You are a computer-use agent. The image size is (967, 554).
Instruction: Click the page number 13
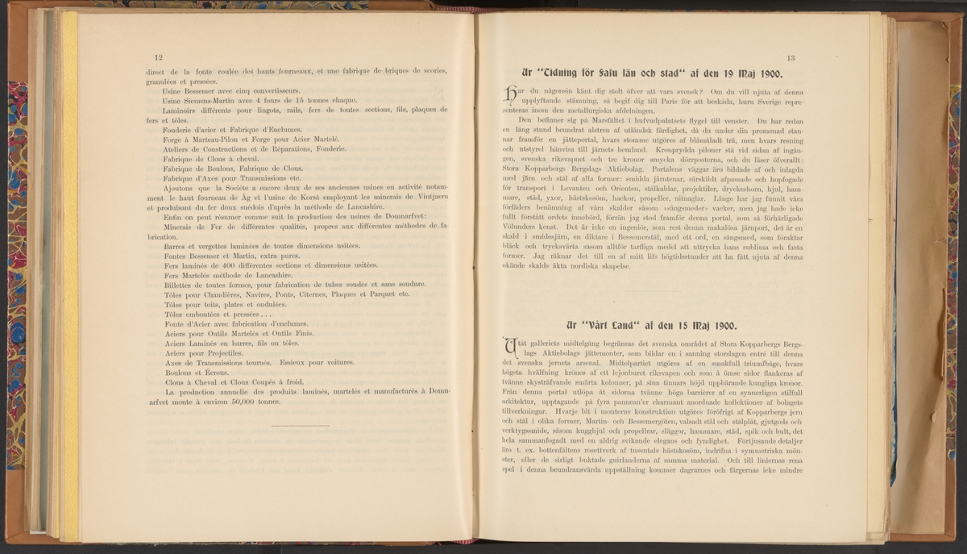[791, 57]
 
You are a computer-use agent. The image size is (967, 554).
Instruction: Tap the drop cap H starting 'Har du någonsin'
[505, 95]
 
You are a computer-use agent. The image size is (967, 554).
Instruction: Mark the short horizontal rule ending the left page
[301, 425]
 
